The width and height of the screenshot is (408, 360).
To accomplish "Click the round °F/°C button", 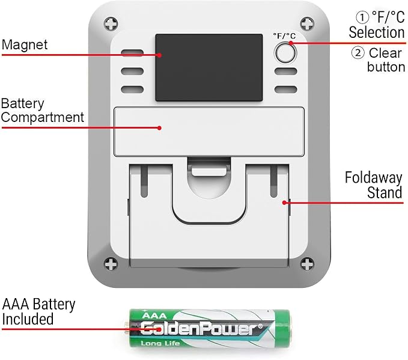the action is [285, 53].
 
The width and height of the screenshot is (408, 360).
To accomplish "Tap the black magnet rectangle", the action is [209, 67].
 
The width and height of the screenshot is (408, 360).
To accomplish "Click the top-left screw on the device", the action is [111, 23].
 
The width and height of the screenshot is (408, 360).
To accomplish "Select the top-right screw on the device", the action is [307, 23].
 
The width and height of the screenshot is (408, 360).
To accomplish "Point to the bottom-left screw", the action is [111, 264].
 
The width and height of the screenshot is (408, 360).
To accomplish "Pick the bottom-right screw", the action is [307, 264].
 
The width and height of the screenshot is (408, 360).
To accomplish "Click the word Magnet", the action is [25, 44].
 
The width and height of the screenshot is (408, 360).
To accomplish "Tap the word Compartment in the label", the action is [43, 117].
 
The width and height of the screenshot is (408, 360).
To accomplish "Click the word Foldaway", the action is [373, 178].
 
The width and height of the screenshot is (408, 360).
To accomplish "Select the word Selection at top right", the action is [377, 32].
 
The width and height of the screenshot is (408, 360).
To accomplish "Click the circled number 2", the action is [358, 53].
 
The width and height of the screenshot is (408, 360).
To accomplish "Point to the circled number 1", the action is [362, 17].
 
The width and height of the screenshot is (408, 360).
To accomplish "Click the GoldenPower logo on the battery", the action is [202, 329].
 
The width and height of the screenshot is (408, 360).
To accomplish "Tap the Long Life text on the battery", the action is [160, 343].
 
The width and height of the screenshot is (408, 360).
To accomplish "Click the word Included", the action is [28, 319].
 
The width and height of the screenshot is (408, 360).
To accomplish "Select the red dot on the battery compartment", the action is [159, 128].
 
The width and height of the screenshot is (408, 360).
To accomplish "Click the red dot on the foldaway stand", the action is [285, 203].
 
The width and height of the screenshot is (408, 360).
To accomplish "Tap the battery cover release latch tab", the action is [209, 171].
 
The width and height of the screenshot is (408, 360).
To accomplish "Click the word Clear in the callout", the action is [385, 53].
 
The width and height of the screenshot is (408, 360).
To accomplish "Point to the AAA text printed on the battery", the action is [154, 316].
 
